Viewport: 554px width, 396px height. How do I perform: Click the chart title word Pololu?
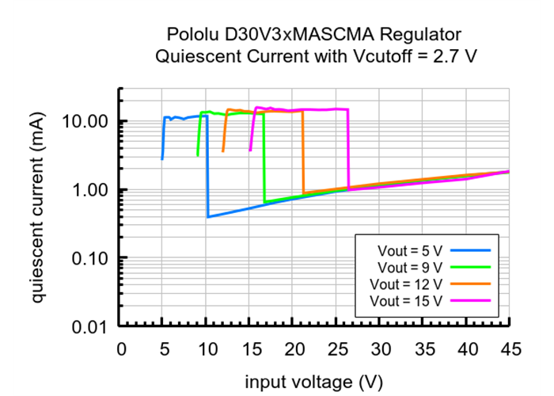point(193,34)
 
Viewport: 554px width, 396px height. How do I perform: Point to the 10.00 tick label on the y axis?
point(85,122)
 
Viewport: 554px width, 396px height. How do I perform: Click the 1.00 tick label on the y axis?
point(89,190)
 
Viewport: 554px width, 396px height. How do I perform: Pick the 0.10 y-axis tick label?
point(89,258)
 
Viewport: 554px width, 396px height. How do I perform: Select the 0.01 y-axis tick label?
point(89,326)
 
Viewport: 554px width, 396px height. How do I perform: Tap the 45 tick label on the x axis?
point(510,349)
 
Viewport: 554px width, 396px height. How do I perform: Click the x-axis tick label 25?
point(337,349)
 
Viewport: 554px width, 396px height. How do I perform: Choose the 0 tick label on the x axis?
point(120,349)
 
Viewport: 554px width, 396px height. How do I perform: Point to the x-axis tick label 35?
point(423,349)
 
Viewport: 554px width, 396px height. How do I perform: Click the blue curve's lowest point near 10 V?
point(208,216)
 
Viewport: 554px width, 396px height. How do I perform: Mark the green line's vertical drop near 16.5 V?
point(264,158)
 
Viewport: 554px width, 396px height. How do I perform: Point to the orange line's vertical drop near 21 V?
point(303,150)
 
